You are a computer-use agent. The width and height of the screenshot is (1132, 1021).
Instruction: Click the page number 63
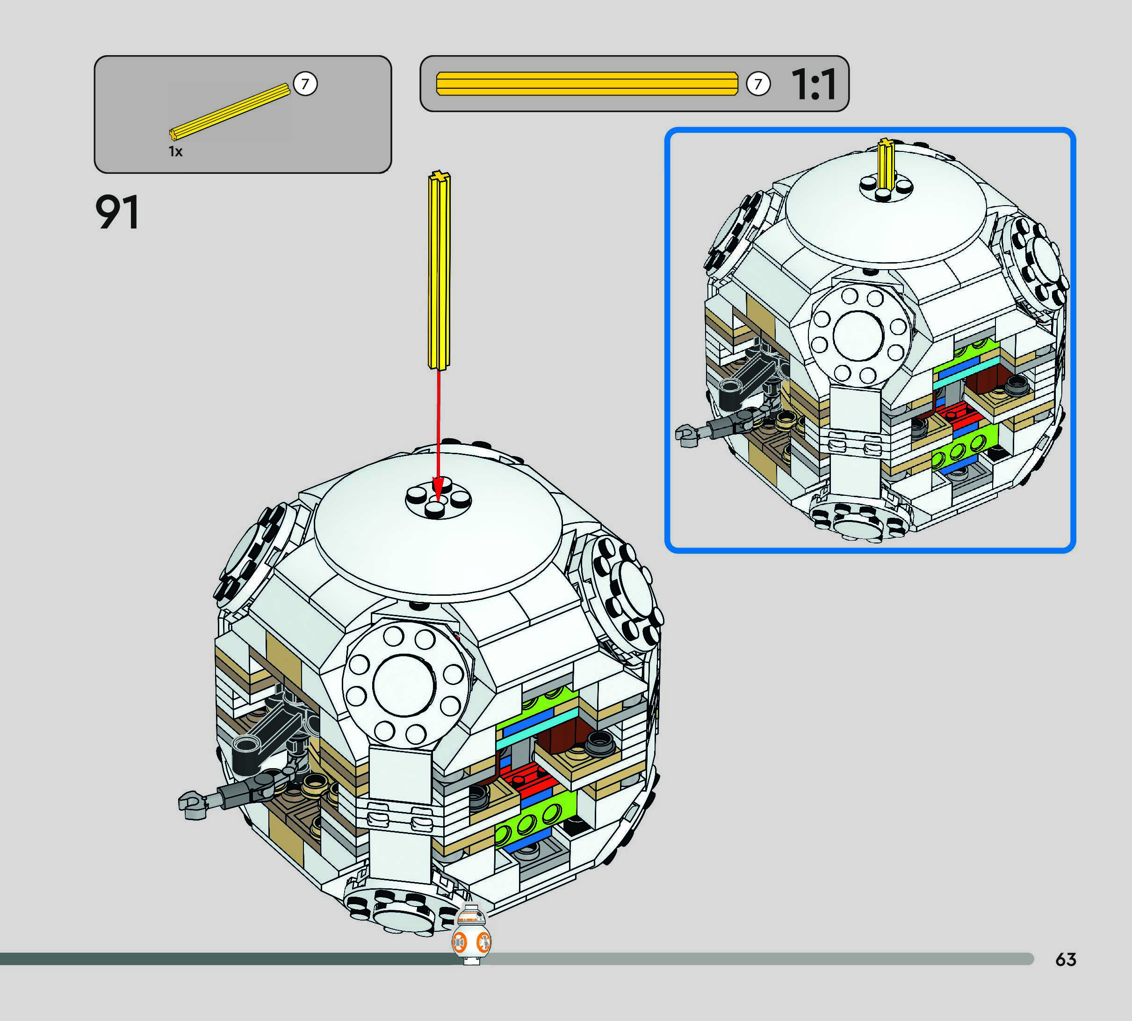(1066, 959)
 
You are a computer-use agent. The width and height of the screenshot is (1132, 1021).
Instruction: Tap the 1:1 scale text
(814, 84)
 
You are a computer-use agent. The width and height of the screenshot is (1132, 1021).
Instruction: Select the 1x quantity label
(176, 151)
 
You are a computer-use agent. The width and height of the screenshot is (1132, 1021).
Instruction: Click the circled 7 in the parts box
(305, 84)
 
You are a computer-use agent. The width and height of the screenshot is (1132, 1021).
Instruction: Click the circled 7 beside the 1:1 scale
(758, 84)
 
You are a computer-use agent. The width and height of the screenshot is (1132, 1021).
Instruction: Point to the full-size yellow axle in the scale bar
(587, 84)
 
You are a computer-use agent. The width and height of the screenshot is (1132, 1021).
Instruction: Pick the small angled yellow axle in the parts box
(230, 112)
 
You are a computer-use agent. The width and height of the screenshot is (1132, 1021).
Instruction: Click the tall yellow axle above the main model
(439, 271)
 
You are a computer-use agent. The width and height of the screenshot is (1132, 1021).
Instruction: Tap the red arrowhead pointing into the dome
(438, 488)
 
